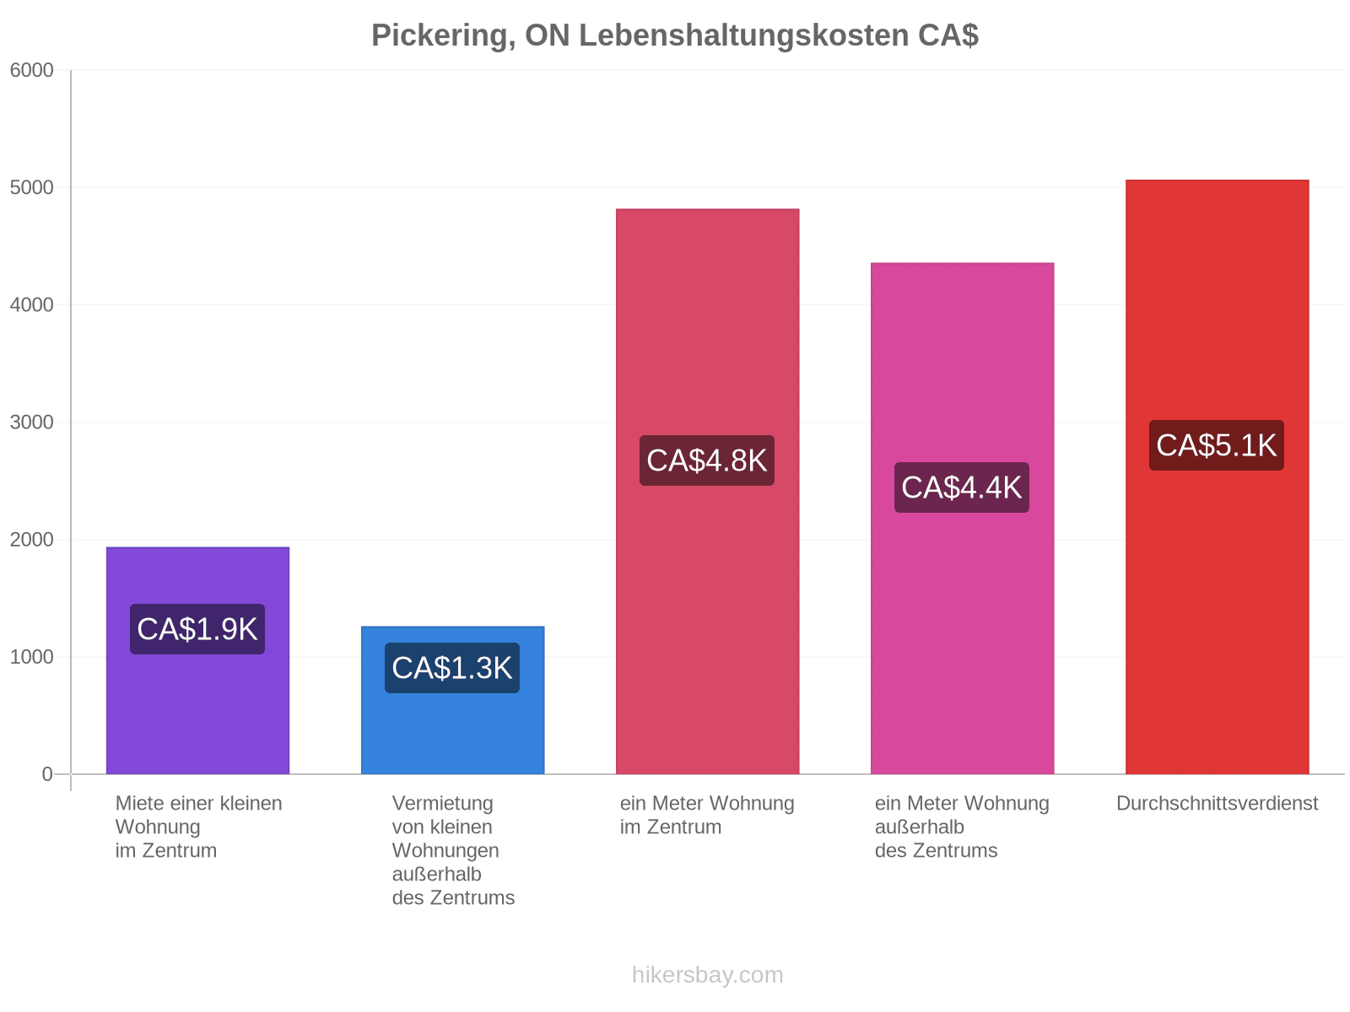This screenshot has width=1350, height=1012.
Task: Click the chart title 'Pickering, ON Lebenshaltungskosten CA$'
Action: click(674, 35)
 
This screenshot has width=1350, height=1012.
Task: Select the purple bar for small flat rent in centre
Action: click(197, 660)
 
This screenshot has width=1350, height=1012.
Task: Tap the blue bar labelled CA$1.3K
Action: click(452, 700)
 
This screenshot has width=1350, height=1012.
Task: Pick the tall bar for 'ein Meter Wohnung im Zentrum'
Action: click(707, 491)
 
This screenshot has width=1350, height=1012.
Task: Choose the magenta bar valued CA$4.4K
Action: click(961, 518)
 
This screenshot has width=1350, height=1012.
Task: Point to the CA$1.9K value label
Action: click(197, 628)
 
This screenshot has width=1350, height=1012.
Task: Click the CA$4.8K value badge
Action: click(707, 460)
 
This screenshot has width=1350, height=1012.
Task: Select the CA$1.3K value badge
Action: click(452, 667)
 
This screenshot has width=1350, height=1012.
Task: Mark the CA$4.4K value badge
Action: click(961, 487)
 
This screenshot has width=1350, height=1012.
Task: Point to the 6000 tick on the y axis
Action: click(31, 70)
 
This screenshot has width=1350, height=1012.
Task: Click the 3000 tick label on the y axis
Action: click(31, 423)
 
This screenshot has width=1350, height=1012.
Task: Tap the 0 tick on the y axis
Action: click(47, 774)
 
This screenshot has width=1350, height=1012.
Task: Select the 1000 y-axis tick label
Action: click(31, 657)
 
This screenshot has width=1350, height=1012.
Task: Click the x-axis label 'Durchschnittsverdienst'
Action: click(1217, 803)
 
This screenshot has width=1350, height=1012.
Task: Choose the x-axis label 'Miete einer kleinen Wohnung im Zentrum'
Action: click(198, 827)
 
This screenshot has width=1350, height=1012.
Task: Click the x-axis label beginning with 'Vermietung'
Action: click(452, 850)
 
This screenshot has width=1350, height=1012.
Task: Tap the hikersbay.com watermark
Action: click(707, 975)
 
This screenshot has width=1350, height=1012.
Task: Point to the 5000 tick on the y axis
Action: click(31, 187)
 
